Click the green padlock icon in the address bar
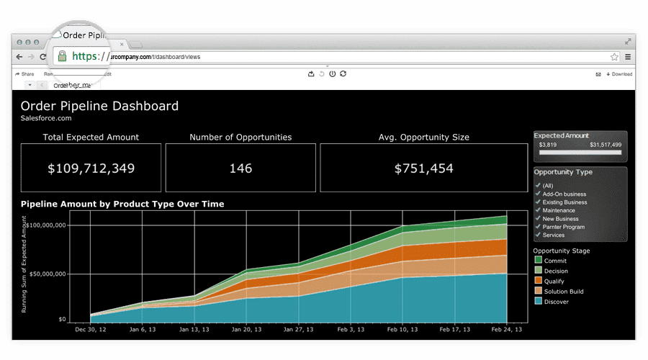coord(63,56)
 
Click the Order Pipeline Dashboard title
coord(99,106)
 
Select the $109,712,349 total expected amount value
coord(91,168)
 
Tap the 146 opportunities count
coord(240,168)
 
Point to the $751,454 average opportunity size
coord(424,168)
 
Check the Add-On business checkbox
coord(537,194)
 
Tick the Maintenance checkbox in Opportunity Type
coord(537,210)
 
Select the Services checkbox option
coord(537,235)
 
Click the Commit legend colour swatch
coord(538,261)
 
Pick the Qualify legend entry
coord(554,281)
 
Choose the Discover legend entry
coord(556,302)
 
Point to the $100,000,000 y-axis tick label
coord(66,225)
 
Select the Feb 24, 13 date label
coord(507,329)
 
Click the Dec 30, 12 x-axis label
coord(91,329)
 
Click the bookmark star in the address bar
coord(614,56)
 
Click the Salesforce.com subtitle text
coord(46,118)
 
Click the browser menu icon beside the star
coord(628,56)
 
